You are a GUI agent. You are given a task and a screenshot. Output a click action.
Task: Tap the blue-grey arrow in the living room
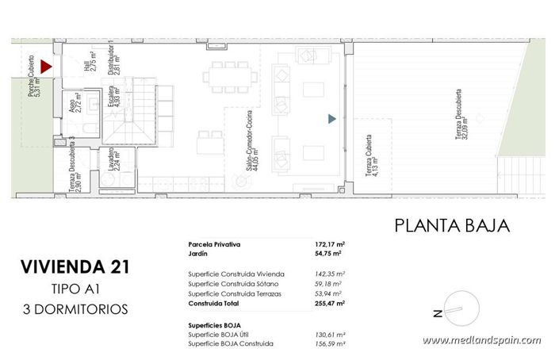pyautogui.click(x=332, y=119)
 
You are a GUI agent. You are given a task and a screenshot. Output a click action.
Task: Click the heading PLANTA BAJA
pyautogui.click(x=451, y=226)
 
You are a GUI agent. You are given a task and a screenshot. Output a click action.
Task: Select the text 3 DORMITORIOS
pyautogui.click(x=76, y=309)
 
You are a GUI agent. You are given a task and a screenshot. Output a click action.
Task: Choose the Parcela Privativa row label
pyautogui.click(x=214, y=244)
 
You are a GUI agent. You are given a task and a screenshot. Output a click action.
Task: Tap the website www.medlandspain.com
pyautogui.click(x=481, y=340)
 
